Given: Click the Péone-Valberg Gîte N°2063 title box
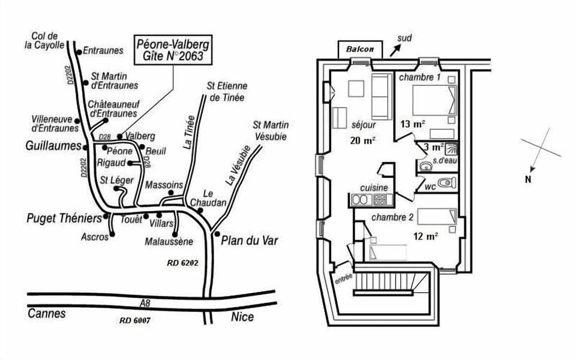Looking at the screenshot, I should pyautogui.click(x=174, y=50).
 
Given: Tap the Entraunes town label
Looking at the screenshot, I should pyautogui.click(x=103, y=51).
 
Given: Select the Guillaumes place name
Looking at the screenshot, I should pyautogui.click(x=53, y=146).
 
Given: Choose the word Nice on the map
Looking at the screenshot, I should pyautogui.click(x=242, y=317).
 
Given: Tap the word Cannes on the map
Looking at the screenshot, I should pyautogui.click(x=46, y=313).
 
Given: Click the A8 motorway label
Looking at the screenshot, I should pyautogui.click(x=144, y=303).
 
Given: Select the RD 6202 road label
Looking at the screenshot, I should pyautogui.click(x=182, y=263).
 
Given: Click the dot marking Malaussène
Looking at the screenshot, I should pyautogui.click(x=175, y=234).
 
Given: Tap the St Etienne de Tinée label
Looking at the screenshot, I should pyautogui.click(x=226, y=92).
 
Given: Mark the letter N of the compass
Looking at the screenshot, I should pyautogui.click(x=528, y=179).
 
